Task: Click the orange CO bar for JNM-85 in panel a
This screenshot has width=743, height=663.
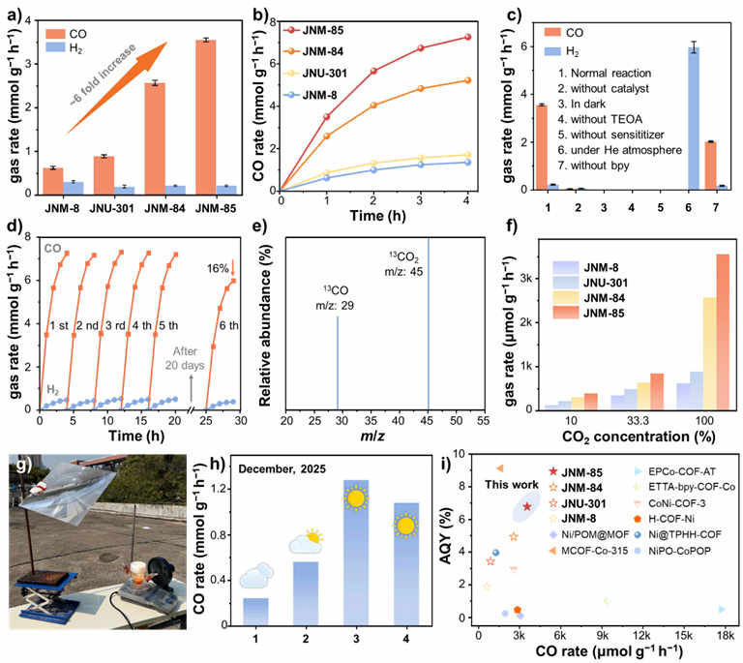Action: tap(206, 117)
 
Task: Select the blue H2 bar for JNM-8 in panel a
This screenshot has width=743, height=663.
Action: tap(74, 188)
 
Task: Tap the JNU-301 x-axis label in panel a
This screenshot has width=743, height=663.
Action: tap(112, 208)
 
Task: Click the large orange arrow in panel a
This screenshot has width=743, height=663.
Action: tap(116, 88)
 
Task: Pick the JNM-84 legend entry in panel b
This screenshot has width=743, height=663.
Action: tap(312, 51)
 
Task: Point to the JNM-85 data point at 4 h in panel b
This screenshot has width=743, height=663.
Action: tap(467, 37)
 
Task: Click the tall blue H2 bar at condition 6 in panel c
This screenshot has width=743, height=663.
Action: tap(694, 118)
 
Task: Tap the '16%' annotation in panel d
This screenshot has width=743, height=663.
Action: tap(218, 269)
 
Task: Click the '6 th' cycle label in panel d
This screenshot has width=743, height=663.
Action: tap(229, 325)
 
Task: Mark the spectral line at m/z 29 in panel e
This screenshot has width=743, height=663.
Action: tap(338, 363)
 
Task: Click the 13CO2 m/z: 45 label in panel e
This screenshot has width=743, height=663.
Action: tap(403, 264)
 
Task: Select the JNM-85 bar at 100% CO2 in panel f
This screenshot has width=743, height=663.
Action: tap(723, 332)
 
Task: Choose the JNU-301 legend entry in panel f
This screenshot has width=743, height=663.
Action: tap(590, 283)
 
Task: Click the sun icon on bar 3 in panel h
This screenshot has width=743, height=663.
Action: tap(356, 498)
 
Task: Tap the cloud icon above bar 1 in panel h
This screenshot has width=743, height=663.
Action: tap(256, 576)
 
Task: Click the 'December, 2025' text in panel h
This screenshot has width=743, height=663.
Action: tap(282, 469)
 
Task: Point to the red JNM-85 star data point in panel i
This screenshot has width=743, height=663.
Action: tap(527, 506)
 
